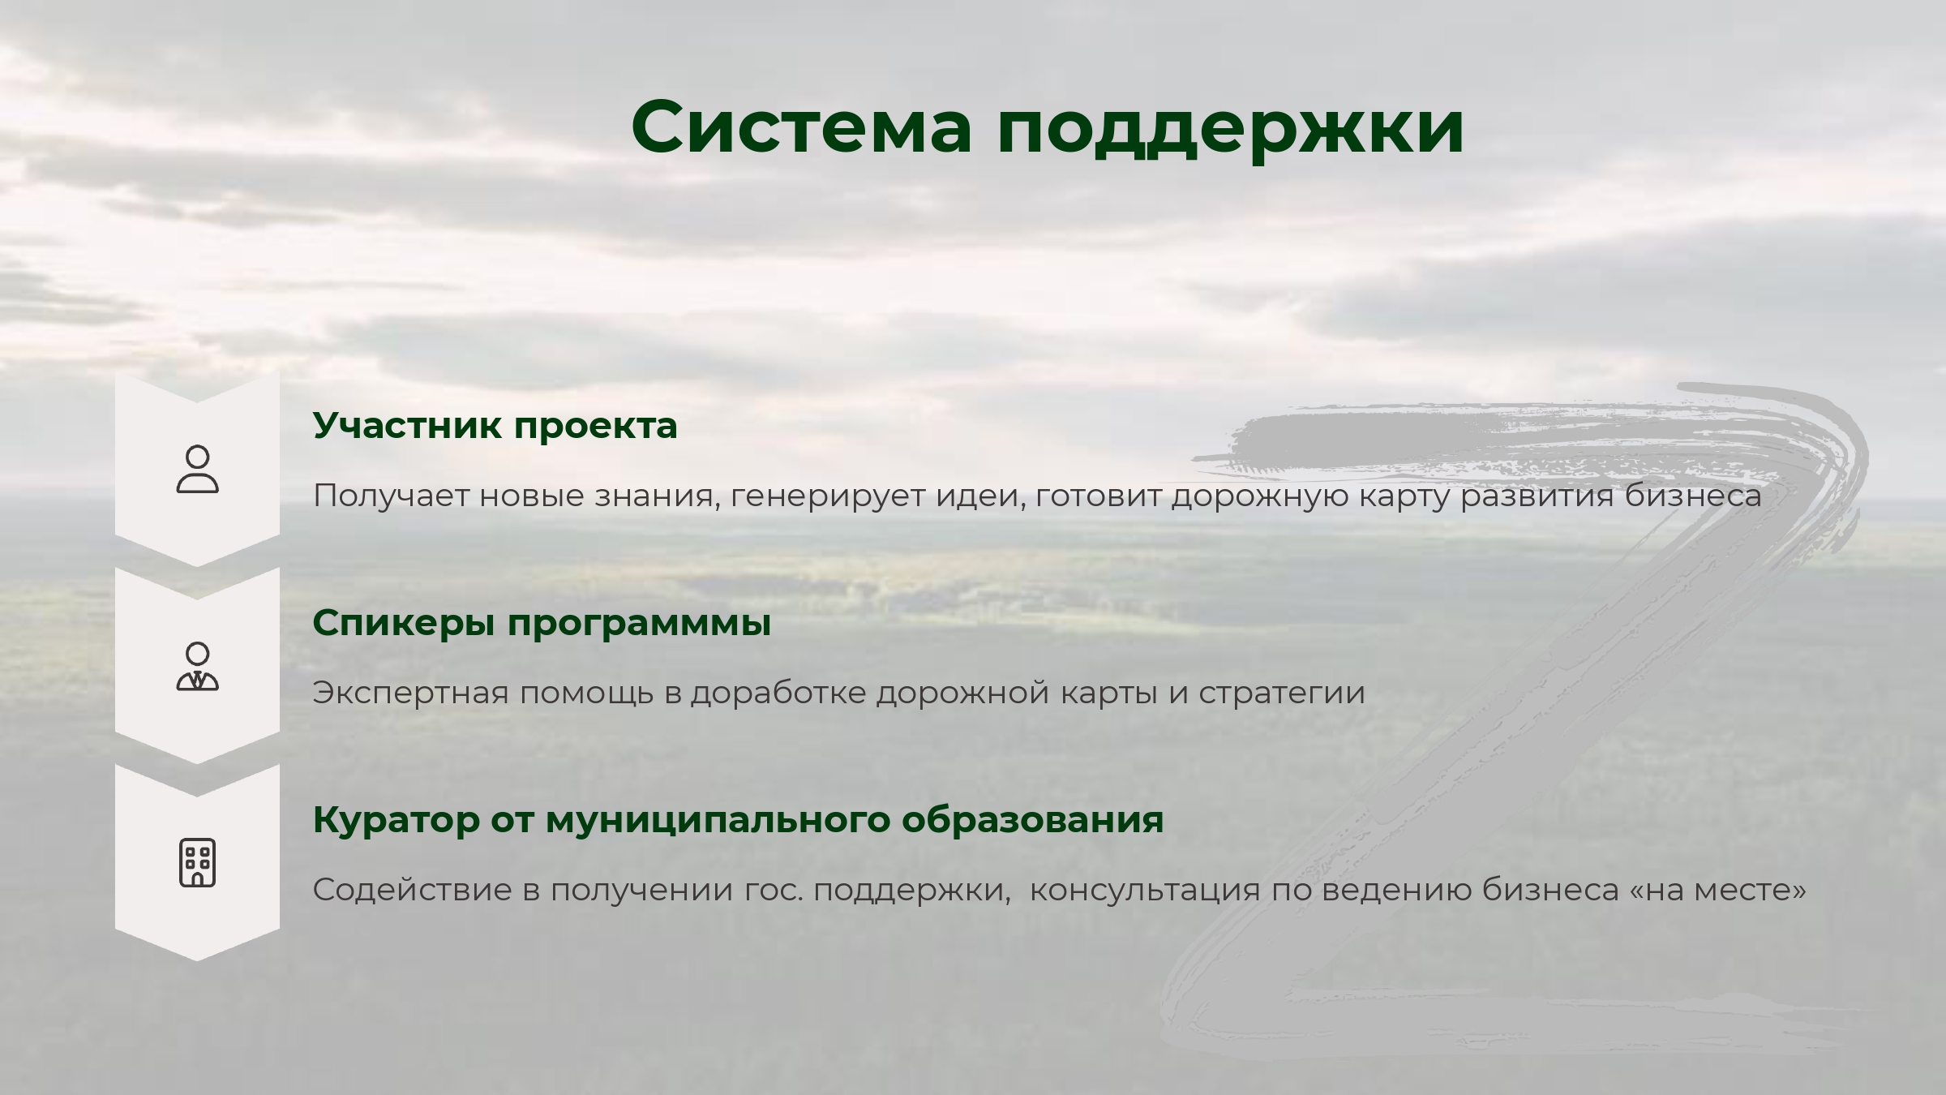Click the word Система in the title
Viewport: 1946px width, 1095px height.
[x=801, y=127]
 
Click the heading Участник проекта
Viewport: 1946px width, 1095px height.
[x=495, y=426]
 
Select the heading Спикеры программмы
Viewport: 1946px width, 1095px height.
[x=542, y=623]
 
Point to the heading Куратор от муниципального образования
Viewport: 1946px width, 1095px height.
[x=738, y=820]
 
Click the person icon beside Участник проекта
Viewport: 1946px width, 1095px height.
[x=198, y=469]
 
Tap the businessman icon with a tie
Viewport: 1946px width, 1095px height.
[x=198, y=666]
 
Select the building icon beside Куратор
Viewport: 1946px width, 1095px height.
[x=198, y=863]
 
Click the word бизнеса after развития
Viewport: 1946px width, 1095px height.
[x=1693, y=496]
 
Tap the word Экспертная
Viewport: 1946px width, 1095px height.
[x=410, y=693]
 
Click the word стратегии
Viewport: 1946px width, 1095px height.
[x=1282, y=693]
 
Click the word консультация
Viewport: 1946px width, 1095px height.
[x=1145, y=891]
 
